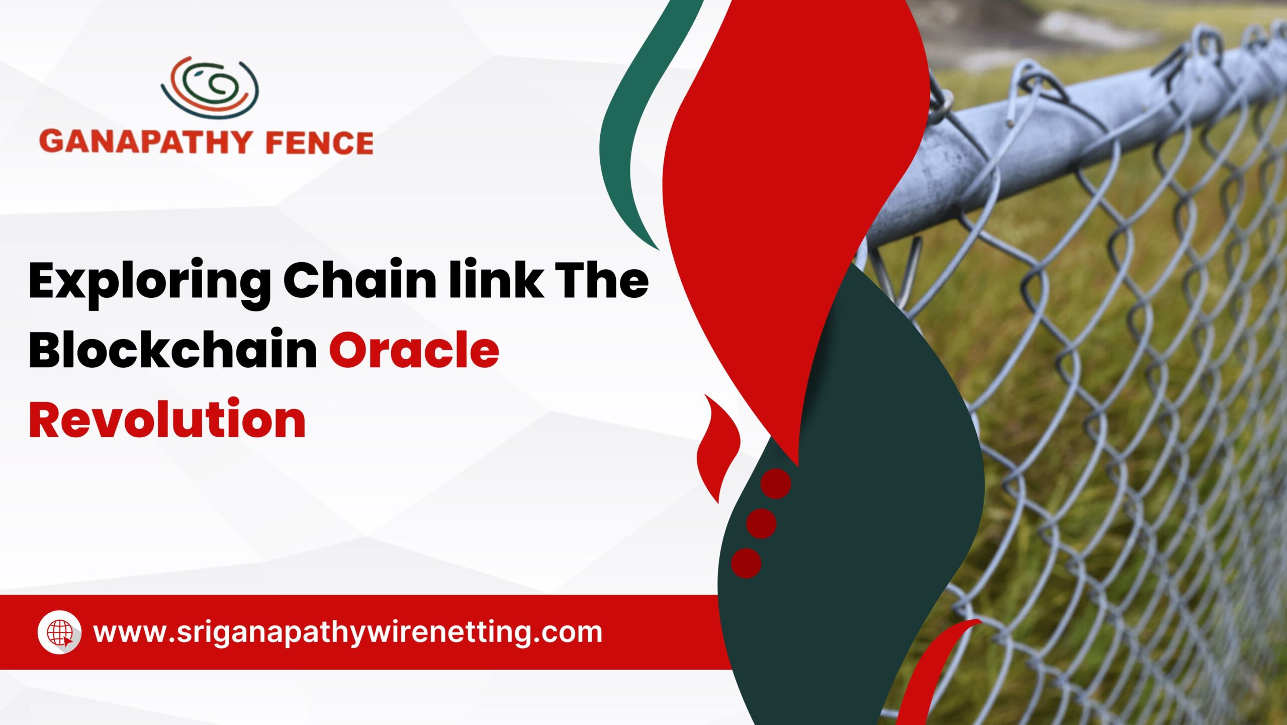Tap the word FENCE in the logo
(x=319, y=142)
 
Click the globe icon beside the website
(x=60, y=632)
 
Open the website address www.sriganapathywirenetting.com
(x=348, y=633)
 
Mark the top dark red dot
(x=776, y=484)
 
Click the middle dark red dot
(x=761, y=523)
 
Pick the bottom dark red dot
(x=746, y=563)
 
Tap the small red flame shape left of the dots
(x=716, y=448)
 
